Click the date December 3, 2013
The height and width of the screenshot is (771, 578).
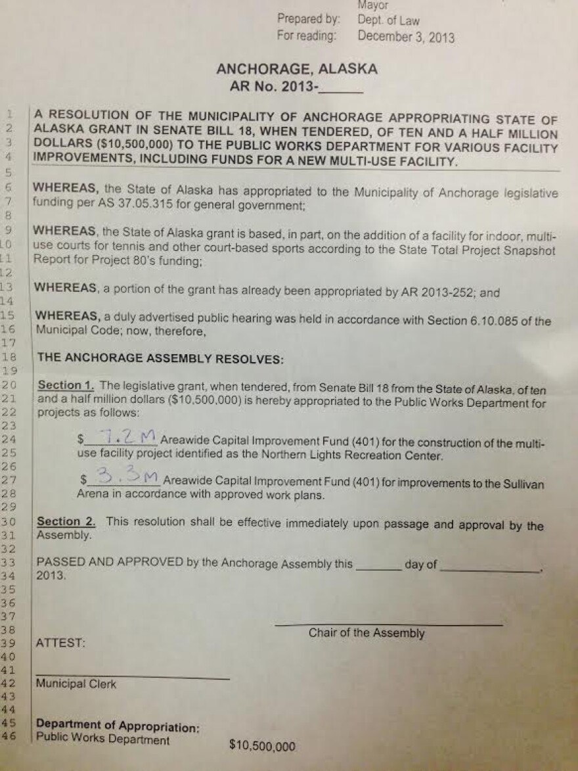pyautogui.click(x=405, y=36)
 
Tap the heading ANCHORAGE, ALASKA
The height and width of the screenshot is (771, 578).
pyautogui.click(x=297, y=69)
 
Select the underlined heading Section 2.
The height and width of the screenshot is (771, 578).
pyautogui.click(x=66, y=522)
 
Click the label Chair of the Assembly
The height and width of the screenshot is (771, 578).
pyautogui.click(x=367, y=633)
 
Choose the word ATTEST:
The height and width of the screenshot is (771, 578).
pyautogui.click(x=61, y=643)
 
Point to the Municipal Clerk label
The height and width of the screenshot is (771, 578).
pyautogui.click(x=76, y=684)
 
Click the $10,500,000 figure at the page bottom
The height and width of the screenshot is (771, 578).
pyautogui.click(x=262, y=745)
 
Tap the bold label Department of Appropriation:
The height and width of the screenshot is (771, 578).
pyautogui.click(x=118, y=728)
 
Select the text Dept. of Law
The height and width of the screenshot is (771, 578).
pyautogui.click(x=388, y=21)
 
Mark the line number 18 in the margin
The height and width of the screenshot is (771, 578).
pyautogui.click(x=9, y=357)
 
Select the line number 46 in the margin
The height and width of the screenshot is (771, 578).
pyautogui.click(x=9, y=738)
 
